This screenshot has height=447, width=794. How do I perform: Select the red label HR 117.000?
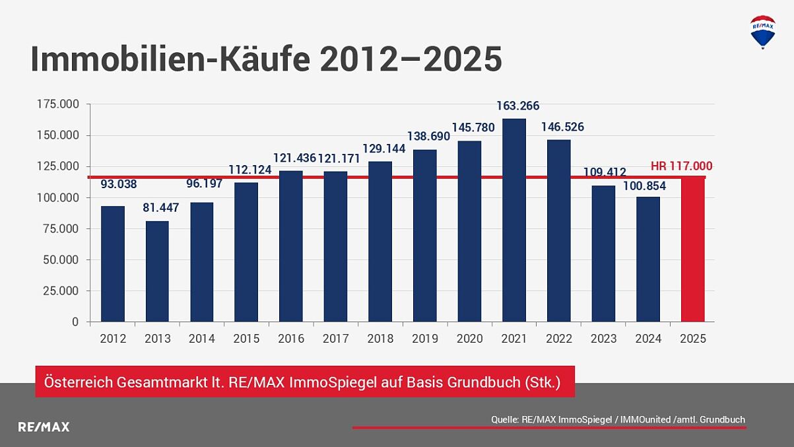681,166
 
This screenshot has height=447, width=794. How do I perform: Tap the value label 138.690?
429,137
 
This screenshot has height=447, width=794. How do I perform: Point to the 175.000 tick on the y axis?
58,104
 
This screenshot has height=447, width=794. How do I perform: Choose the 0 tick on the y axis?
75,322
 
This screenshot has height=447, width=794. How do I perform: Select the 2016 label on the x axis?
291,339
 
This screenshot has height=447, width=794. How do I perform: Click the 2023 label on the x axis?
603,339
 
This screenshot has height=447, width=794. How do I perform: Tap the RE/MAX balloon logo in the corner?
763,31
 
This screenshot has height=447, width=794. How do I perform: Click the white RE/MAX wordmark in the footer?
44,427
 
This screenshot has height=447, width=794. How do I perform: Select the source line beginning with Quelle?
618,419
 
